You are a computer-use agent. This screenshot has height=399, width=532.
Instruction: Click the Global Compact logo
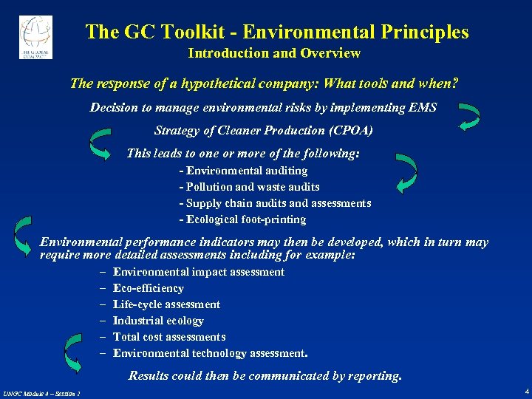tap(35, 36)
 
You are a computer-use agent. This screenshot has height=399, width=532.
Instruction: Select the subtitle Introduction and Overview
tap(274, 53)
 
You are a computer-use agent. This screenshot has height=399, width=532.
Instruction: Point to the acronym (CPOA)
tap(350, 131)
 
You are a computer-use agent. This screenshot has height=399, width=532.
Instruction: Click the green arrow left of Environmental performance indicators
tap(24, 234)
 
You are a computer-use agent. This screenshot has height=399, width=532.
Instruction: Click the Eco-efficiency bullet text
tap(148, 288)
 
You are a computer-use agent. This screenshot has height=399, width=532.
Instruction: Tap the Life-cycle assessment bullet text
tap(166, 304)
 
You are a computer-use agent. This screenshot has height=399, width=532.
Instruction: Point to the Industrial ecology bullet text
tap(158, 321)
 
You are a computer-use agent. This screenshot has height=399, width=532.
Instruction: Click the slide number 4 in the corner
tap(525, 390)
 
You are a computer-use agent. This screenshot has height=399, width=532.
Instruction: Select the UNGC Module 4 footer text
tap(41, 392)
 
